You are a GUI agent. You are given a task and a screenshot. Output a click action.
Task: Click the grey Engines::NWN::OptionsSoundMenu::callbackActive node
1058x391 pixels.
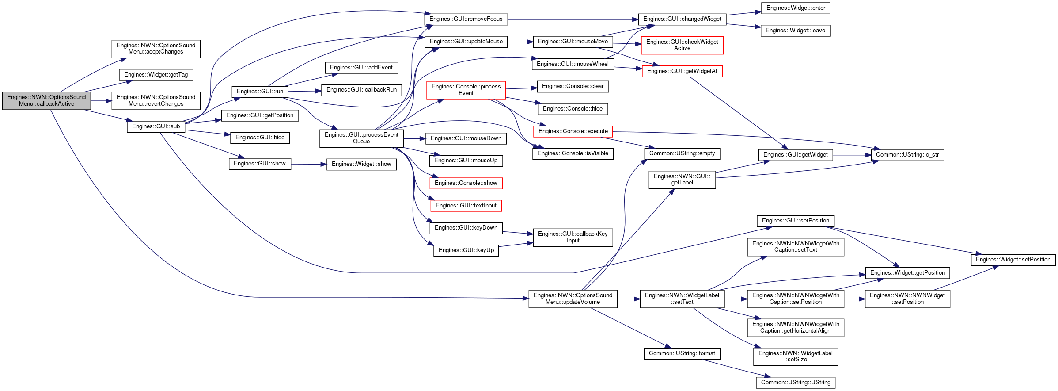pos(46,100)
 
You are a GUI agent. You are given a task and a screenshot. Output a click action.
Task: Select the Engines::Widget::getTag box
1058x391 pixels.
pos(156,75)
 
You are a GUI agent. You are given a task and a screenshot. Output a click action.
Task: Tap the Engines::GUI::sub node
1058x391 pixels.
pos(156,126)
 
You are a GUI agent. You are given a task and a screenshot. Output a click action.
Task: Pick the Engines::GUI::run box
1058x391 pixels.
pos(260,92)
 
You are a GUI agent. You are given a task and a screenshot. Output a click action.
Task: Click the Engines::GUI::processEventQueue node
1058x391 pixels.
pos(361,138)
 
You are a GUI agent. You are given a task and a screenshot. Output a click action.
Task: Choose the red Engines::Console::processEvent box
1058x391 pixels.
pos(466,90)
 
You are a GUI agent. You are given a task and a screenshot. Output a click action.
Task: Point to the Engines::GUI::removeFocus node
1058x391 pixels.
pos(466,19)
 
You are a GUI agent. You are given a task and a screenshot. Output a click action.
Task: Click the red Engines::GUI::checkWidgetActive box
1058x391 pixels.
pos(682,45)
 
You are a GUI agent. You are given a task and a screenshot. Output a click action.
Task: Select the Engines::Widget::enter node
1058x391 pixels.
pos(796,8)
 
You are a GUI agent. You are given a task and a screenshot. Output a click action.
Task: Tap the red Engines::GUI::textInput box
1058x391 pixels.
pos(466,206)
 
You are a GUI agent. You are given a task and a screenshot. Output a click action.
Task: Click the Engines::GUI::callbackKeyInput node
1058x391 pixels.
pos(573,237)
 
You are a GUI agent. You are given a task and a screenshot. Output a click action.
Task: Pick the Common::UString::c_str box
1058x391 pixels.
pos(907,155)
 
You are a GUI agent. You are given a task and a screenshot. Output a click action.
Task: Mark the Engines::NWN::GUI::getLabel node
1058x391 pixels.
pos(682,180)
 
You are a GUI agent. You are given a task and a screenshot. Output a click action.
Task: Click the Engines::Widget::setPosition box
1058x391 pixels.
pos(1013,260)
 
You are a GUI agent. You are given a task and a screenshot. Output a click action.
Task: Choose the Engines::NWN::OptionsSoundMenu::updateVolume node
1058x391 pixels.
pos(573,299)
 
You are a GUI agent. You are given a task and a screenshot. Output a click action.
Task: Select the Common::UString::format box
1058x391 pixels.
pos(682,353)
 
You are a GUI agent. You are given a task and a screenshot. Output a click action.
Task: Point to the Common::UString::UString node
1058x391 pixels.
pos(796,383)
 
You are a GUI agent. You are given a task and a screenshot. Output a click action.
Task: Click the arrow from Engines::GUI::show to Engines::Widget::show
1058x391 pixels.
pos(309,164)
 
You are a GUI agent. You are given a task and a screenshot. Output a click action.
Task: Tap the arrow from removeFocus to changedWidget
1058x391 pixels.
pos(573,19)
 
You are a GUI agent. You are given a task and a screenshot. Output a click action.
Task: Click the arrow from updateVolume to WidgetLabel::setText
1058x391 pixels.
pos(629,299)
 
